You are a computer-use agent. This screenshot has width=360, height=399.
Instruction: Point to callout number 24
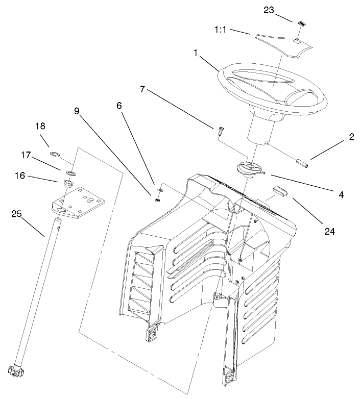click(329, 231)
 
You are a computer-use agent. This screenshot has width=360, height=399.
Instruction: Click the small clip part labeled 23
click(301, 23)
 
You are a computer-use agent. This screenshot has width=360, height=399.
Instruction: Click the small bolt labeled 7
click(219, 131)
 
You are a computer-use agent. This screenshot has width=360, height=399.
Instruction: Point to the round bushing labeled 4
click(248, 168)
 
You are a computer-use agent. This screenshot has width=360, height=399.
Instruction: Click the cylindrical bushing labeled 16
click(66, 183)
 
